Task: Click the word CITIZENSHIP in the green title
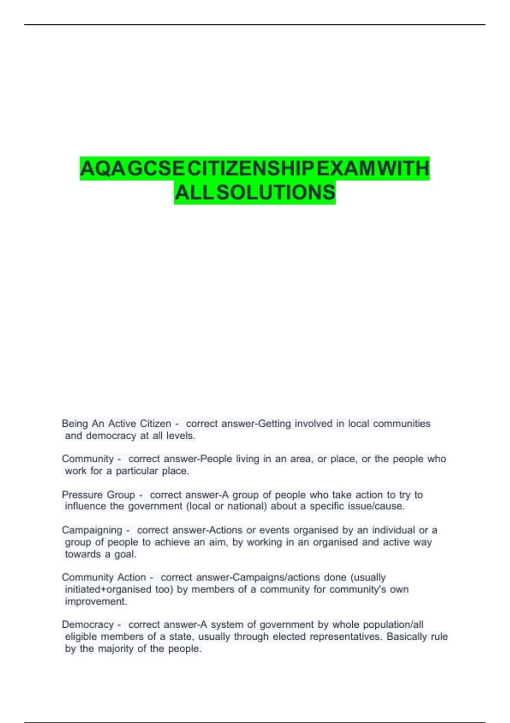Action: click(250, 168)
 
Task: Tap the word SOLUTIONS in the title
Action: click(276, 193)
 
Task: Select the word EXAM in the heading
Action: click(346, 168)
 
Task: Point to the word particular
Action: click(137, 471)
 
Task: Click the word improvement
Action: click(96, 601)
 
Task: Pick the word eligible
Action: click(81, 637)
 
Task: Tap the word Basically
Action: click(407, 637)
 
